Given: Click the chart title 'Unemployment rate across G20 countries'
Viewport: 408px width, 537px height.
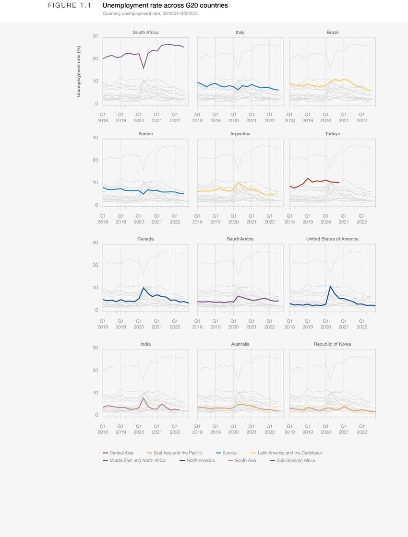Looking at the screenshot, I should point(165,6).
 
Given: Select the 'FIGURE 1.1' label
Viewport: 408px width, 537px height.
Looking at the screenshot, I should point(69,6).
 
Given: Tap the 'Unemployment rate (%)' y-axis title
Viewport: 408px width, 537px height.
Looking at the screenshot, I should point(79,71).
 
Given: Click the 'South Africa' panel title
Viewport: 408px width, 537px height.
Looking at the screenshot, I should point(145,33).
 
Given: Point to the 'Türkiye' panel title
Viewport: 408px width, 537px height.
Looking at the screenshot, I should point(332,134).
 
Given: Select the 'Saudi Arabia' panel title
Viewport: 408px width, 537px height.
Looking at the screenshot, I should point(240,239).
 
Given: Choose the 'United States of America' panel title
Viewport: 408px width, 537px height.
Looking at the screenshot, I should point(332,239).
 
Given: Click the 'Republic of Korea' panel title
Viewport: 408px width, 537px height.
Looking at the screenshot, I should point(332,344).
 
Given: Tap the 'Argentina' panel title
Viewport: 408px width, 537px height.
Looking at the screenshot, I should point(240,134).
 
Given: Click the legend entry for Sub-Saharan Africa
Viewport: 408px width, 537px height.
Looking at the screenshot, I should point(292,460).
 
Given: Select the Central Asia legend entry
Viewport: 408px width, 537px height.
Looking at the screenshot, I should point(119,453).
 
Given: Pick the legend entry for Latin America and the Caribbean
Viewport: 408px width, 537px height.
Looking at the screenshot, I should point(286,453).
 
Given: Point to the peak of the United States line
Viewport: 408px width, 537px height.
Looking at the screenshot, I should point(330,286).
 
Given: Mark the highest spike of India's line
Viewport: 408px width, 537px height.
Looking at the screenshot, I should point(144,397).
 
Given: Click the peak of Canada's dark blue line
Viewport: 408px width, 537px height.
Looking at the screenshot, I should point(144,288).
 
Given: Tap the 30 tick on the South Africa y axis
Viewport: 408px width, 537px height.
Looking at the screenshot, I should point(95,36).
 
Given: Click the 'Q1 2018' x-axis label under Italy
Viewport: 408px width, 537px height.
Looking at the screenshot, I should point(197,117).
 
